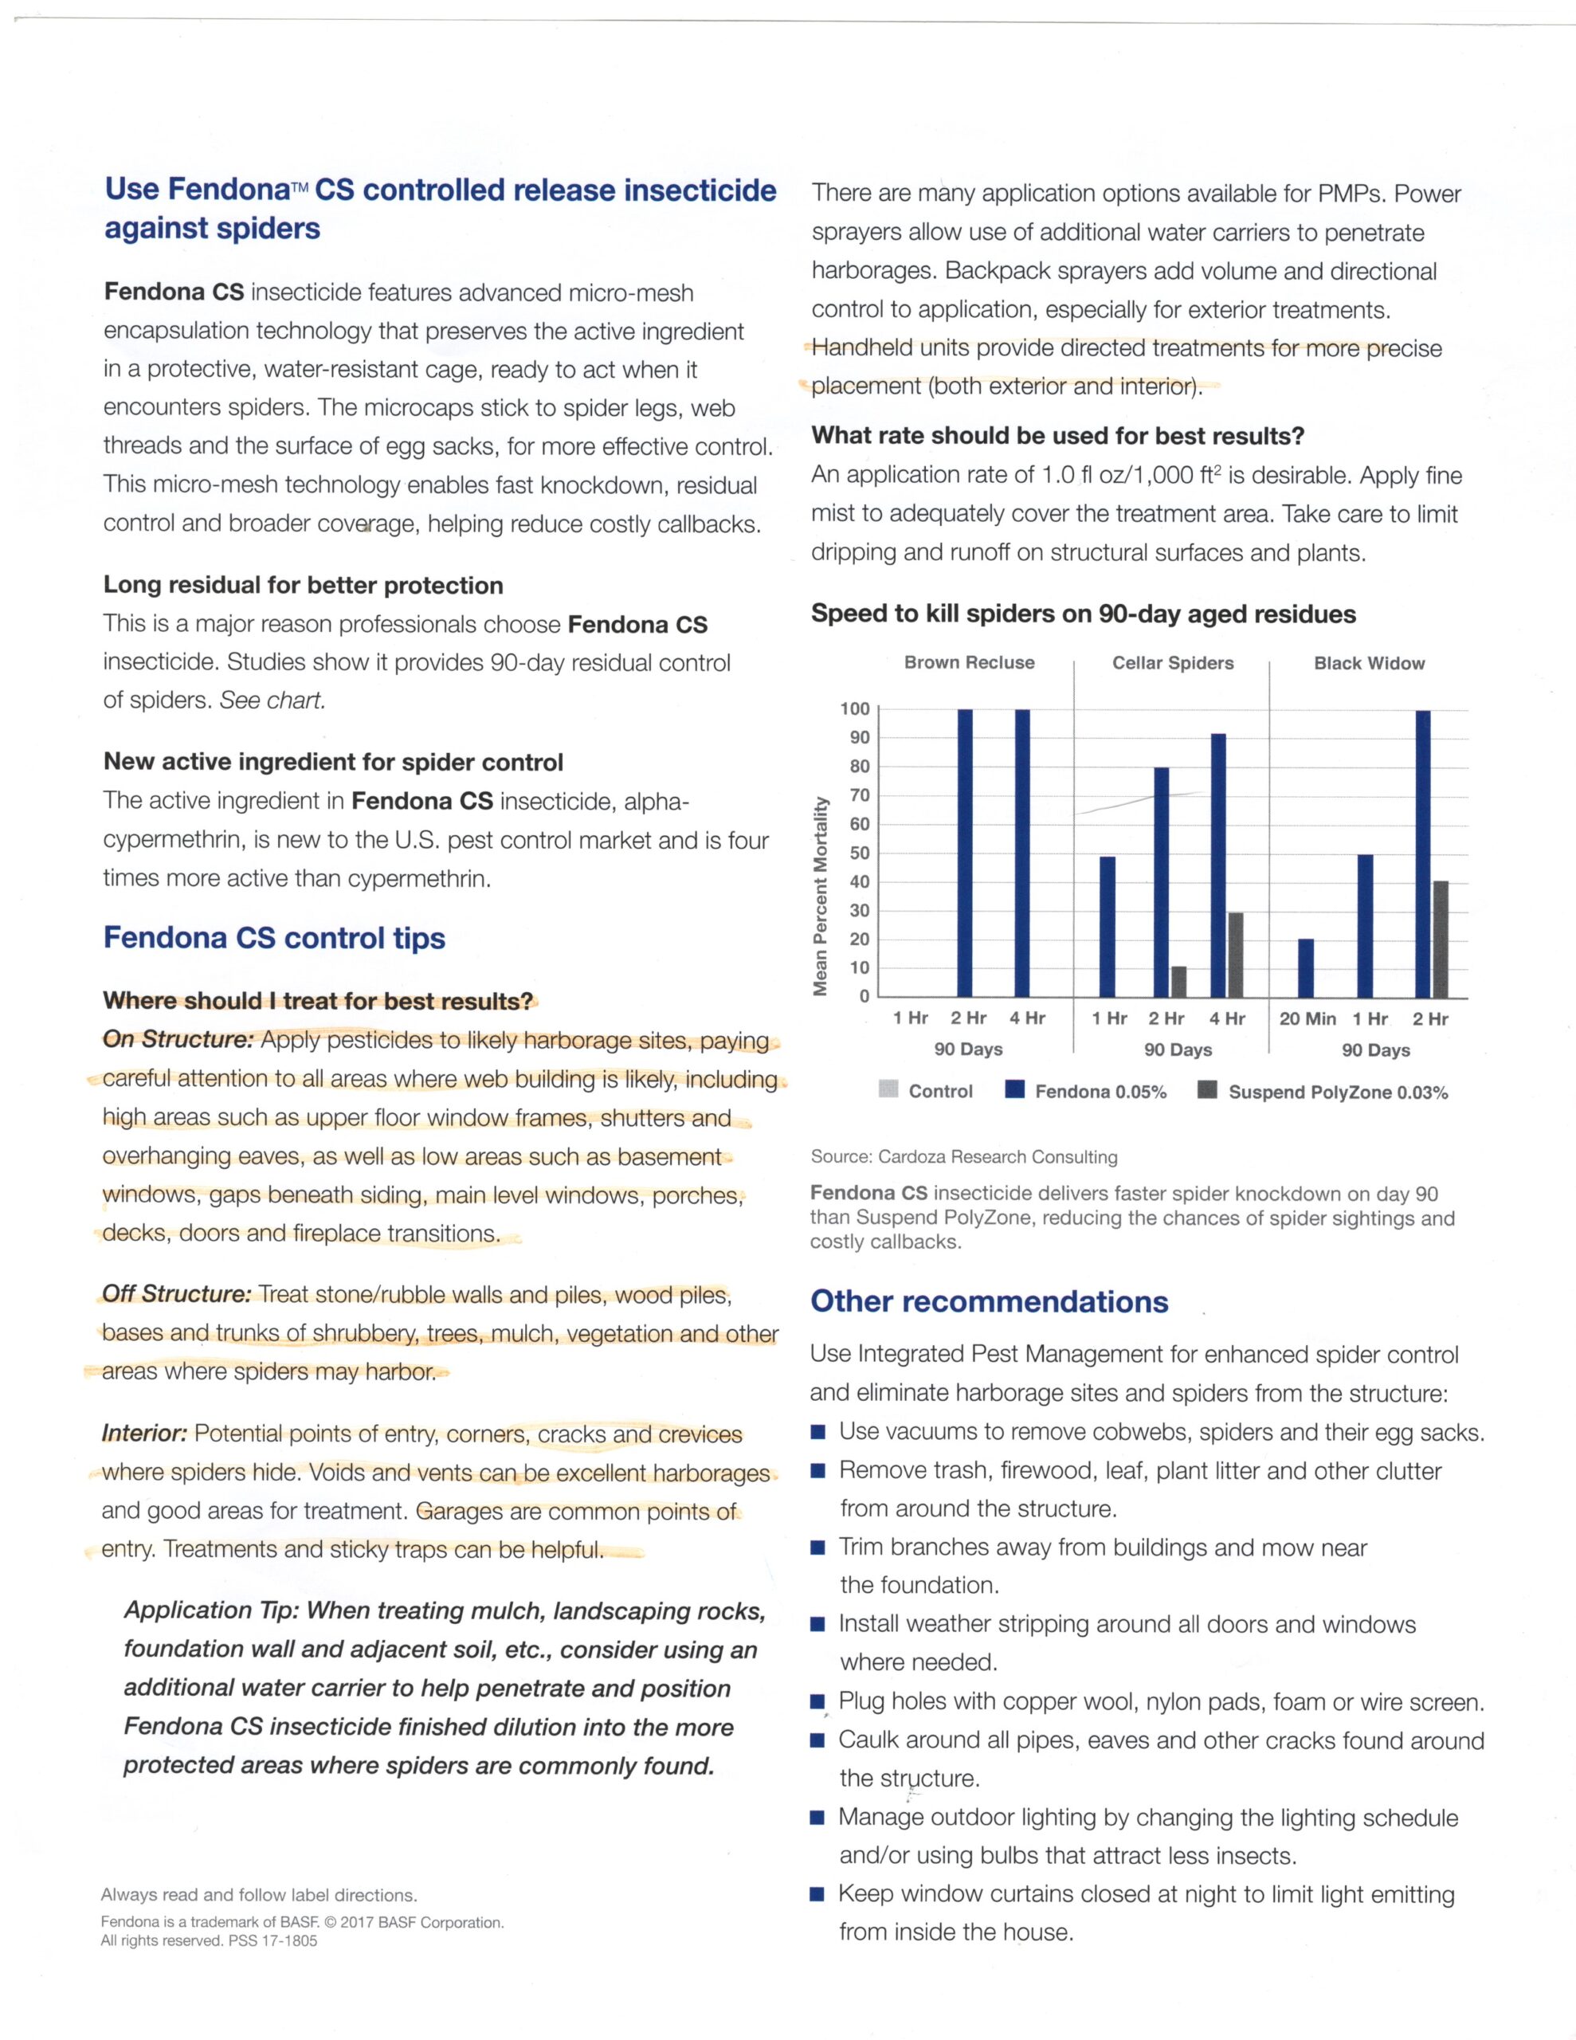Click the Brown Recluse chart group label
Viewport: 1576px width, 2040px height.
click(969, 663)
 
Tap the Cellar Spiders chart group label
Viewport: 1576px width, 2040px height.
click(1172, 663)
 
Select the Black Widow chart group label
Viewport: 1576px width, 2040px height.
click(1369, 664)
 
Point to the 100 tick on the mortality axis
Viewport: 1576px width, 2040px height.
click(854, 709)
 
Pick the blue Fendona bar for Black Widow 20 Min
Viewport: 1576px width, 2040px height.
click(1305, 967)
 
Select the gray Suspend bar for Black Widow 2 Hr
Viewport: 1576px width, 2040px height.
click(1441, 938)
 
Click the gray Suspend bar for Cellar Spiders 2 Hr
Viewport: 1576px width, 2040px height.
click(1179, 981)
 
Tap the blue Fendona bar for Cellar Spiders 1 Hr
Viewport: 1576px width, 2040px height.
click(1107, 926)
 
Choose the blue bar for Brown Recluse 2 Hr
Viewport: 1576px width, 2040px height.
click(965, 852)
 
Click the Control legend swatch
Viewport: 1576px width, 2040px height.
click(888, 1090)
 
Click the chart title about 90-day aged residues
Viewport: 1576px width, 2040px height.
click(1083, 614)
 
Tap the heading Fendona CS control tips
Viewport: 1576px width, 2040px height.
click(274, 938)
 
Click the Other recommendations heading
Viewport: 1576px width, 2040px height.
click(989, 1302)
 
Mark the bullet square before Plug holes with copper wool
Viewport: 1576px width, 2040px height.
click(817, 1703)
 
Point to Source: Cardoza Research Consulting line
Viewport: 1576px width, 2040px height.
click(963, 1157)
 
